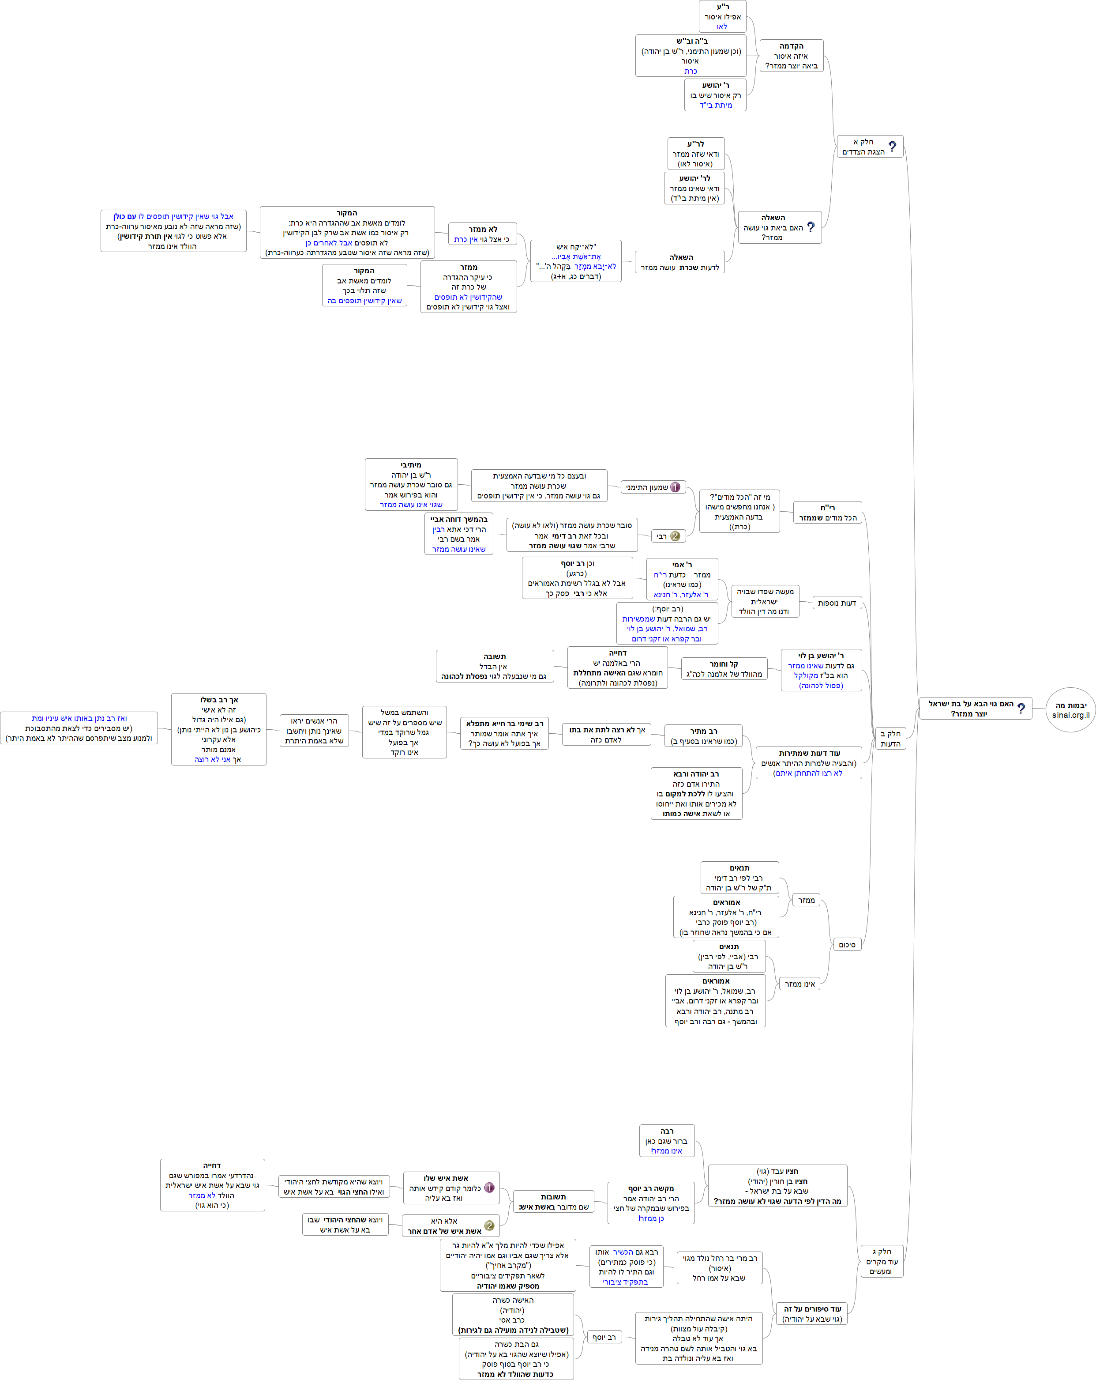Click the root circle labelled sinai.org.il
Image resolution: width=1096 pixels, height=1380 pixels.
coord(1070,710)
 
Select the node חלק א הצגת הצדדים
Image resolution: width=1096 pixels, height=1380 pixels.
coord(870,147)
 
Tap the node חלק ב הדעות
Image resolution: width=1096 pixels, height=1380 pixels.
coord(890,739)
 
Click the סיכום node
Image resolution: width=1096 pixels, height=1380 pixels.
coord(846,945)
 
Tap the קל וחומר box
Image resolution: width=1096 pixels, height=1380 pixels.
coord(724,669)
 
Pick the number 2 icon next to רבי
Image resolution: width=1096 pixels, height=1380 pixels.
coord(674,536)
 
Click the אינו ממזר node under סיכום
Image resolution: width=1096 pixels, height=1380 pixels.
coord(799,984)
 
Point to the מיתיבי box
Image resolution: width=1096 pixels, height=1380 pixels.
coord(411,485)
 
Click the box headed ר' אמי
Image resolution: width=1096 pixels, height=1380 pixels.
coord(682,579)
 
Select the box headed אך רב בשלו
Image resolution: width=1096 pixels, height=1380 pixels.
coord(219,729)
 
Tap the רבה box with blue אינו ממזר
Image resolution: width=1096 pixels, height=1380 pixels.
coord(667,1141)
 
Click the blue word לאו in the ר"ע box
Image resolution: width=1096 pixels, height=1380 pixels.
coord(722,27)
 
